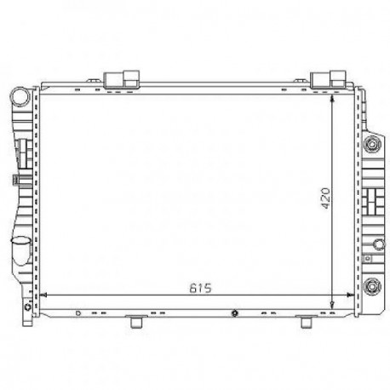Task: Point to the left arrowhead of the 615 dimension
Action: [43, 295]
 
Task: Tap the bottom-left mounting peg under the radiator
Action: [137, 323]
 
